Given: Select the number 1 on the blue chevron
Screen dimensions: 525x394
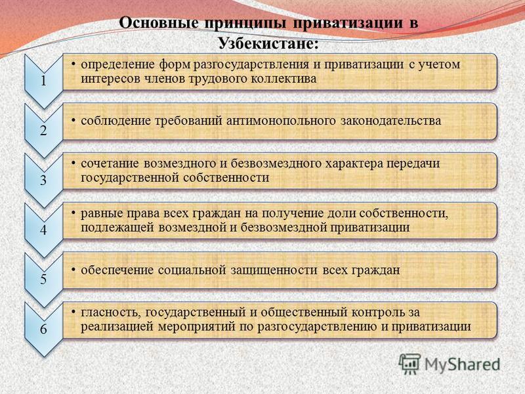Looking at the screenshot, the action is coord(43,81).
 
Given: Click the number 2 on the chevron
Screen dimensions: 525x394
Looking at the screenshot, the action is coord(43,130).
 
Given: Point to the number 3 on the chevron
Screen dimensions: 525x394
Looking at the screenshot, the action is coord(43,180).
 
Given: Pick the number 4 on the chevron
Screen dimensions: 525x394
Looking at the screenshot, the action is coord(43,230).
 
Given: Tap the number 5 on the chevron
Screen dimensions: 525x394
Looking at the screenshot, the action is coord(43,279).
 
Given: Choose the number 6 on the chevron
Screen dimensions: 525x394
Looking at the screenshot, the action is coord(43,329).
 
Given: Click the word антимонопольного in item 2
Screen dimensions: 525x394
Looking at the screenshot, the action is coord(281,121).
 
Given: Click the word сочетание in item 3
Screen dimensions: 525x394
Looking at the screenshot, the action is coord(110,164).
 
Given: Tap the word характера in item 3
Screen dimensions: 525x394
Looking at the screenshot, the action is coord(354,164).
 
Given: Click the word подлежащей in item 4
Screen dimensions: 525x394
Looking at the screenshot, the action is coord(117,228).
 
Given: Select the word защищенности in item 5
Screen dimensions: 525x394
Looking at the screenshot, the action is coord(274,271).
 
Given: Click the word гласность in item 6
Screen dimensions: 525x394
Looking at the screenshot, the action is coord(108,313).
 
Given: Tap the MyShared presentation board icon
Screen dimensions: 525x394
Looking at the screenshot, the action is coord(409,364).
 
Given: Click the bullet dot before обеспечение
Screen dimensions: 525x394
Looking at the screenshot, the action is coord(73,269).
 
